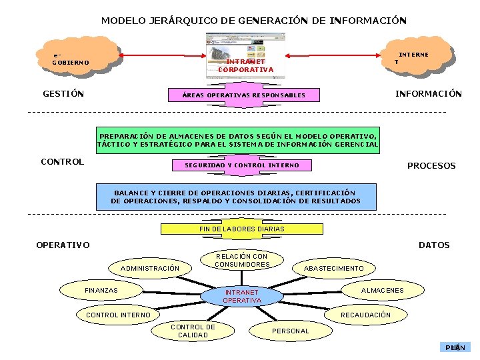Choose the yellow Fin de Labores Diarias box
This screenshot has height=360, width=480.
click(x=241, y=229)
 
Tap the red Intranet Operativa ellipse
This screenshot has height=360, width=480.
click(x=242, y=296)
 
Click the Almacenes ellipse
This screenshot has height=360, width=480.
click(x=382, y=290)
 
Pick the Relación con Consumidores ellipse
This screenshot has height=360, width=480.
click(x=242, y=260)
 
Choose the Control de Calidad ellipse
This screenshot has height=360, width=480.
click(x=193, y=331)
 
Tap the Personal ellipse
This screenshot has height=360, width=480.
click(x=291, y=331)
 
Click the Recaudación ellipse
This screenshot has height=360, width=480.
click(x=365, y=315)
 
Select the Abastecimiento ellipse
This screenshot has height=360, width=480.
click(x=333, y=268)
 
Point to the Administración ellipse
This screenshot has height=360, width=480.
click(x=149, y=268)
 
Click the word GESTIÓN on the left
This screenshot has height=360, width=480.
click(x=63, y=94)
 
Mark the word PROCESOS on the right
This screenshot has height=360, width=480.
click(x=431, y=165)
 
